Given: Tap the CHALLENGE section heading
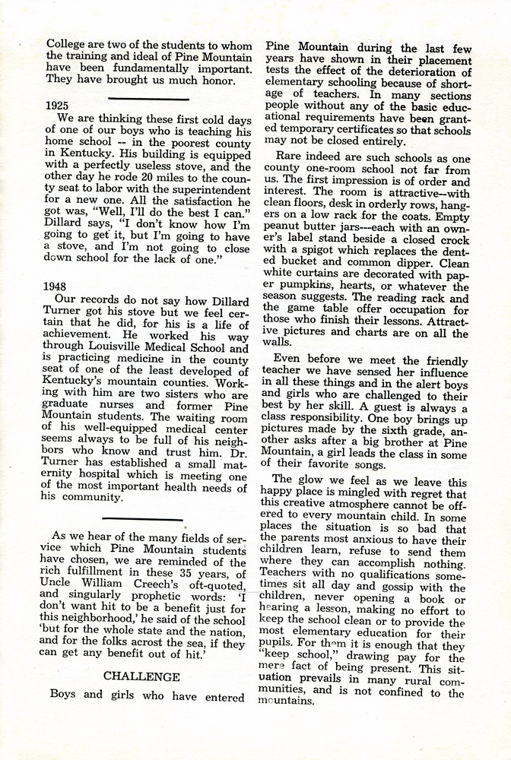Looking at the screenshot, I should [141, 676].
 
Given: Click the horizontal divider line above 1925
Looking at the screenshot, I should [148, 98].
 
